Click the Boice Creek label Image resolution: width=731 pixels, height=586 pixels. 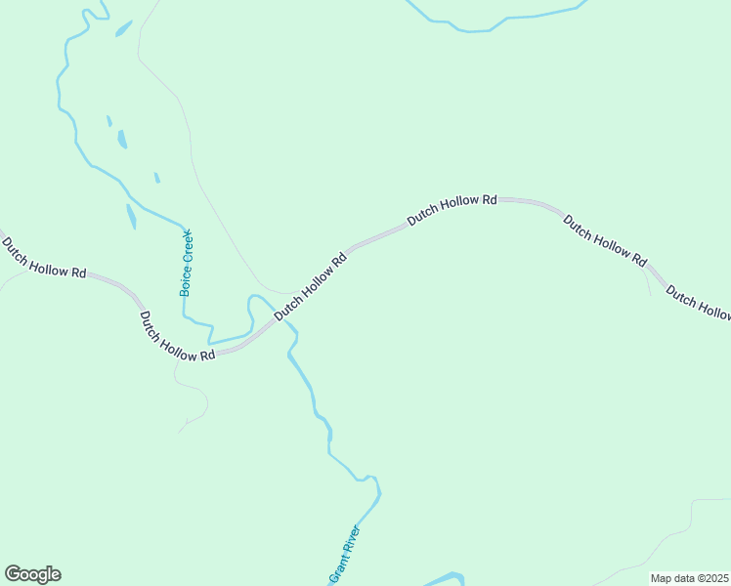(187, 262)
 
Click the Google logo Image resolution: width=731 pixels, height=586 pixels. (32, 574)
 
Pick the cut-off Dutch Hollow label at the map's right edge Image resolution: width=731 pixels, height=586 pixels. (699, 302)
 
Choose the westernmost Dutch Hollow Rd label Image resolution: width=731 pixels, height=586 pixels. (43, 257)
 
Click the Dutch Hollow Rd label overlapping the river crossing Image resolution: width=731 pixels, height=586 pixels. (311, 287)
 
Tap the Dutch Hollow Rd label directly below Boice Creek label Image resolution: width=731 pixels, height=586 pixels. (177, 336)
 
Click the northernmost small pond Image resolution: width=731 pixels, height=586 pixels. (123, 28)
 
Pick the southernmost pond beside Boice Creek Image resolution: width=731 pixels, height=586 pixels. (131, 216)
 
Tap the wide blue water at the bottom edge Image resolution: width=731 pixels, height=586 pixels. (446, 579)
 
